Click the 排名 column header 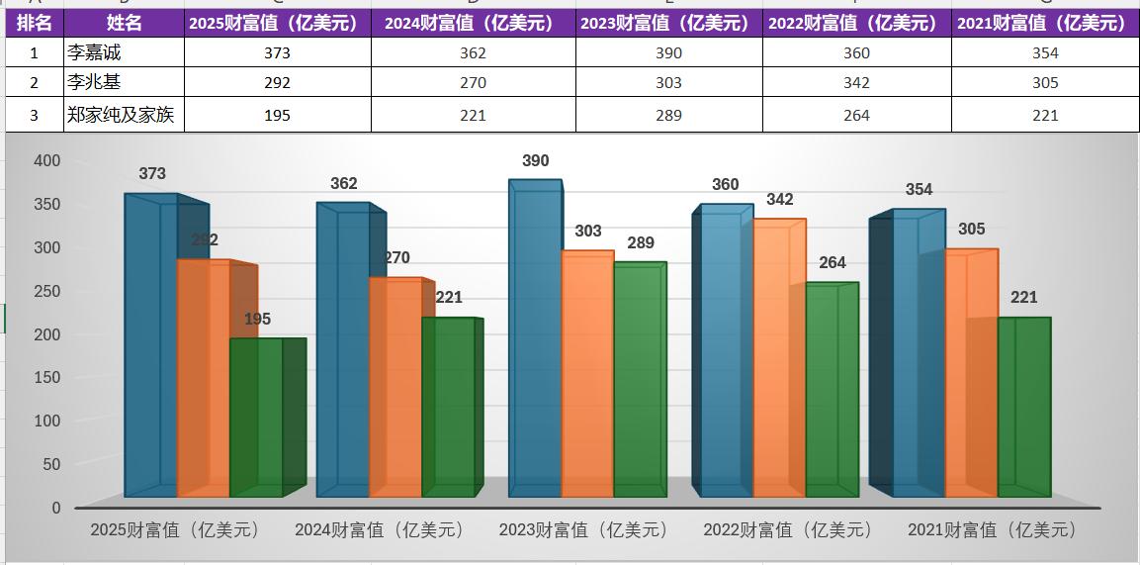(x=34, y=23)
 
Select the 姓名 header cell (x=124, y=23)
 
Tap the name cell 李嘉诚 (x=124, y=53)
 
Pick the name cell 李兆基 (x=124, y=83)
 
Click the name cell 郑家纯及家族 (x=124, y=115)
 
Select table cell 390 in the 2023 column (x=668, y=53)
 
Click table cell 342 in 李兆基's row (x=856, y=83)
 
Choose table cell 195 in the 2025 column (x=277, y=115)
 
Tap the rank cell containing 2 (x=34, y=83)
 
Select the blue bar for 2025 (x=150, y=346)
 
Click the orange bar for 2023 (x=587, y=376)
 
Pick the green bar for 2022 (x=832, y=391)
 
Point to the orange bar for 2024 (x=395, y=386)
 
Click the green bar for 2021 (x=1023, y=406)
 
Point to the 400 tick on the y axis (x=47, y=160)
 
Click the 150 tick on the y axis (x=47, y=377)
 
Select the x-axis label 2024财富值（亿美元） (x=380, y=530)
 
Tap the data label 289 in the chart (x=640, y=243)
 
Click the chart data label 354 (x=919, y=190)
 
